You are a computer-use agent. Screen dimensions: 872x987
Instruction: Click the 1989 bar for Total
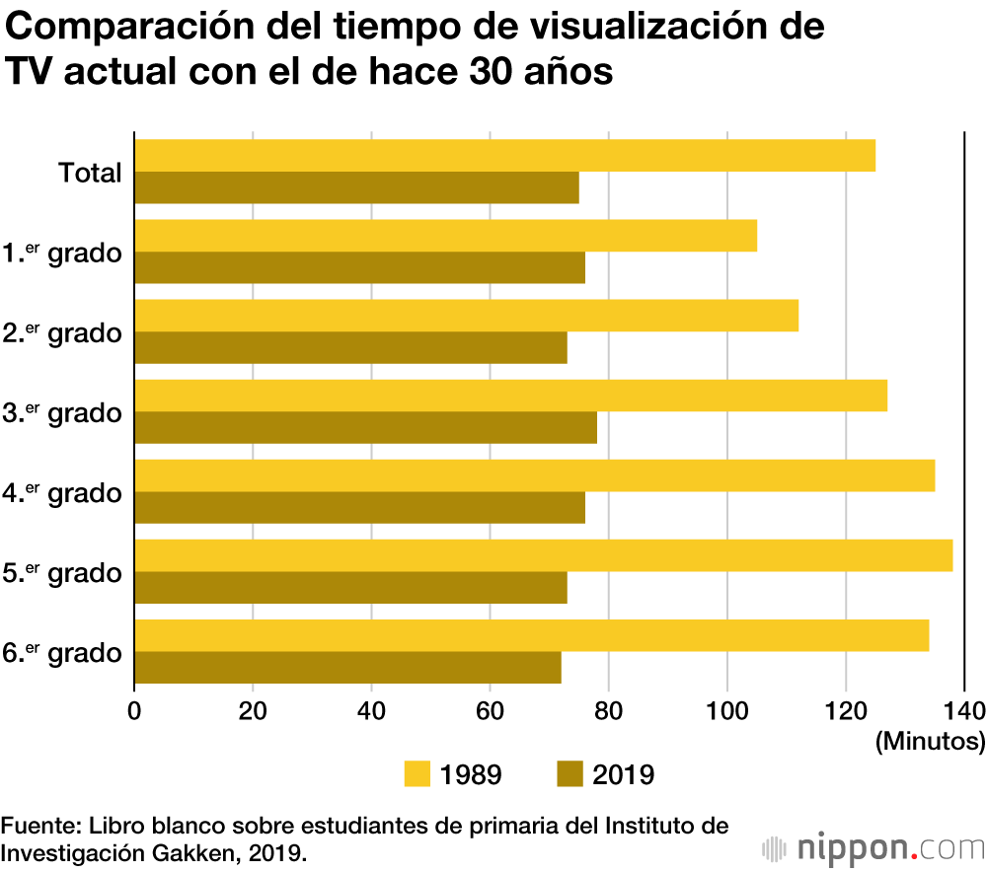(504, 156)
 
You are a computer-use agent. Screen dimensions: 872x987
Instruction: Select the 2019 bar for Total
(356, 187)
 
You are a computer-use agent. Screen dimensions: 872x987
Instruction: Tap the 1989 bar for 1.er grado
(445, 236)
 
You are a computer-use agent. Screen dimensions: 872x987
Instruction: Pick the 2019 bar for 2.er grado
(350, 348)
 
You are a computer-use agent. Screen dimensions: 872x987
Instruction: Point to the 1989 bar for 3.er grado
(510, 396)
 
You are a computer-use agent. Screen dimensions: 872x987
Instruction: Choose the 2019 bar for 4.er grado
(359, 508)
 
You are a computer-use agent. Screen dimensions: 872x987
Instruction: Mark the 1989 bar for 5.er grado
(543, 555)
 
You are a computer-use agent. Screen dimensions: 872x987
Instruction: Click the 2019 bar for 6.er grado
(347, 668)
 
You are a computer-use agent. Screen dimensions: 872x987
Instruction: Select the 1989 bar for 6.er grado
(531, 635)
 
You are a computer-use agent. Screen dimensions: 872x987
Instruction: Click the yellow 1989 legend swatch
(418, 774)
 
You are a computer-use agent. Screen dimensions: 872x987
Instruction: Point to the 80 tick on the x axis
(609, 710)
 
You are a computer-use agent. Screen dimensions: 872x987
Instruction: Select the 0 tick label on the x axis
(134, 710)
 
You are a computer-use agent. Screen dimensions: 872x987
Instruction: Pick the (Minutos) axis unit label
(930, 740)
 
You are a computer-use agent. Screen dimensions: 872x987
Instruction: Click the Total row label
(90, 173)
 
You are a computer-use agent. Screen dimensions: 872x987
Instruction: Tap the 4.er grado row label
(62, 492)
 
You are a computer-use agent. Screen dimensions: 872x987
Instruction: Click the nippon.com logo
(873, 846)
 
